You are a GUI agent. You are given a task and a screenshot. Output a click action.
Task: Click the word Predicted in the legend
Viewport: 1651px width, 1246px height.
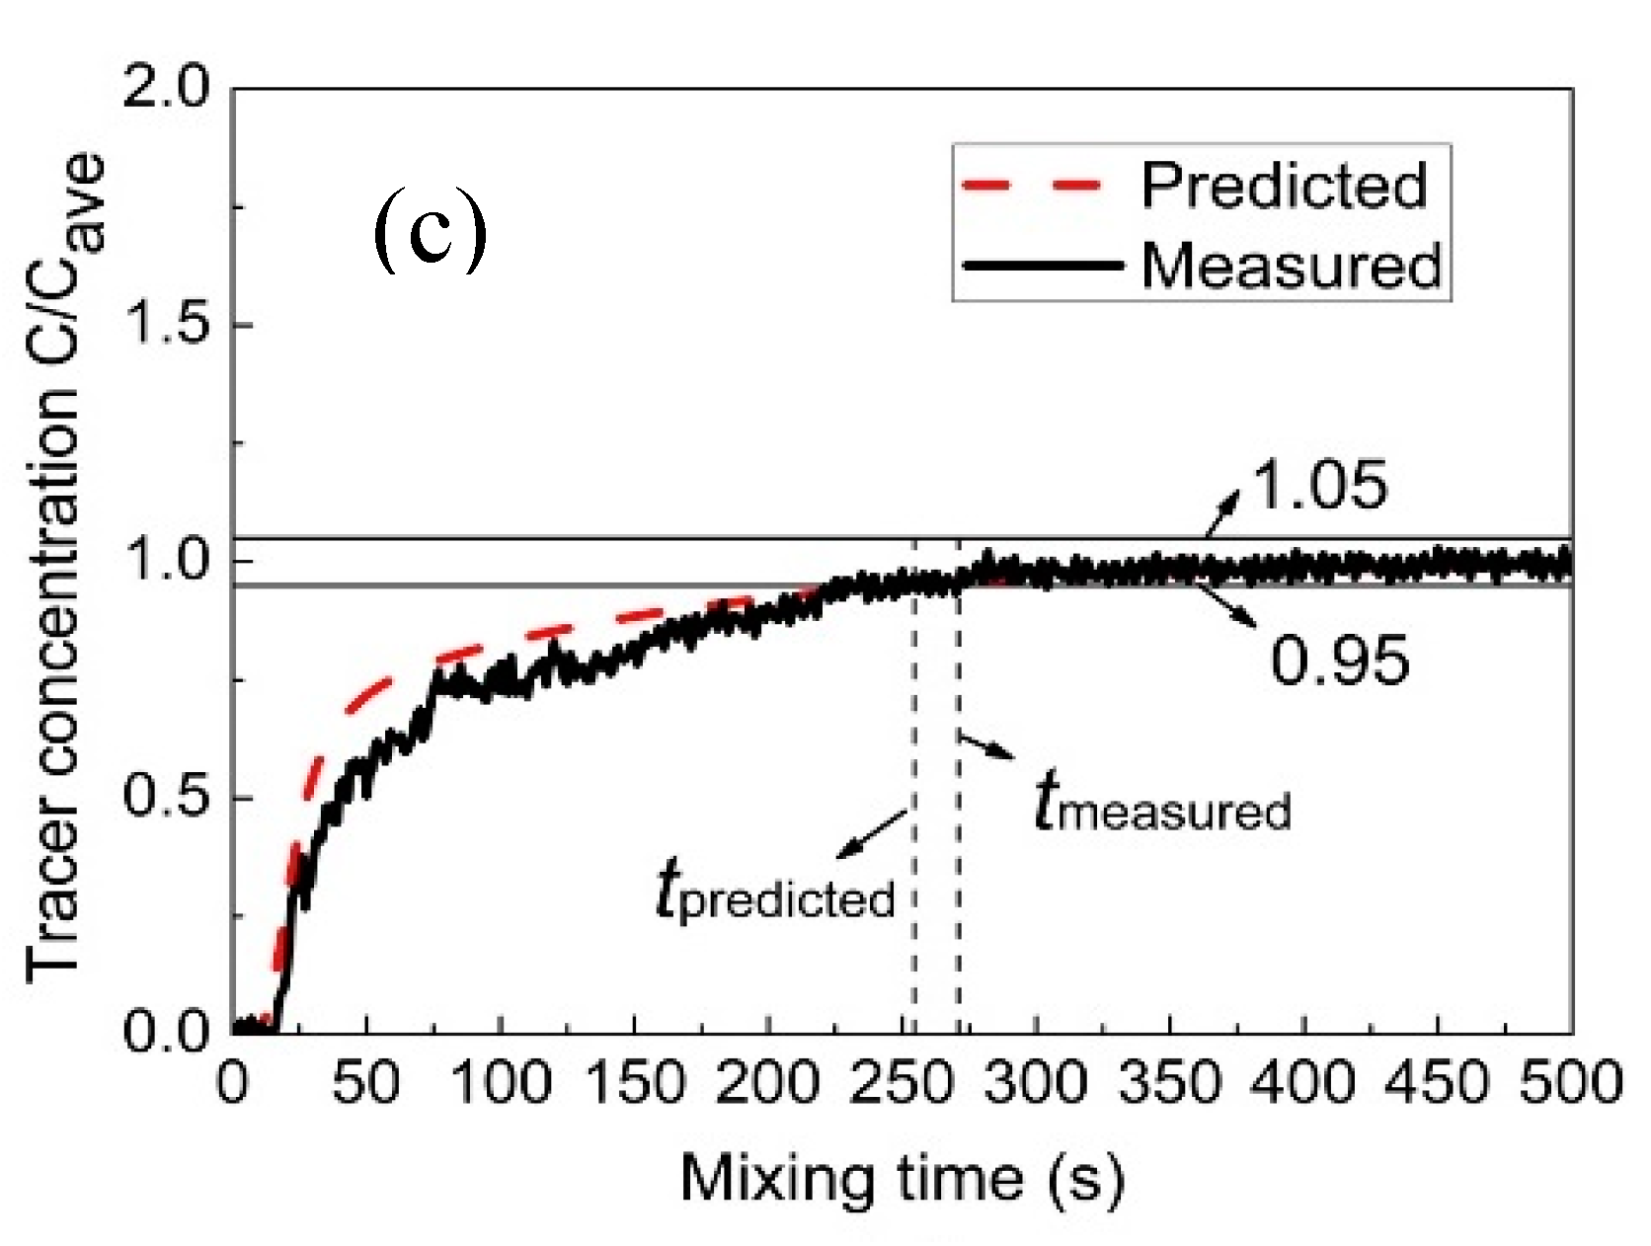pyautogui.click(x=1284, y=185)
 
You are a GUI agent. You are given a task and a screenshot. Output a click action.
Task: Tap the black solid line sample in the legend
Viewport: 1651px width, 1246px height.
pyautogui.click(x=1046, y=266)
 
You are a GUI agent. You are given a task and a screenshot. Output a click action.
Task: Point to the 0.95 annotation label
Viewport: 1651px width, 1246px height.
pyautogui.click(x=1340, y=659)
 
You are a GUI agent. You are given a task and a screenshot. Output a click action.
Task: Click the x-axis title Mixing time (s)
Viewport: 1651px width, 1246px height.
pyautogui.click(x=901, y=1178)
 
